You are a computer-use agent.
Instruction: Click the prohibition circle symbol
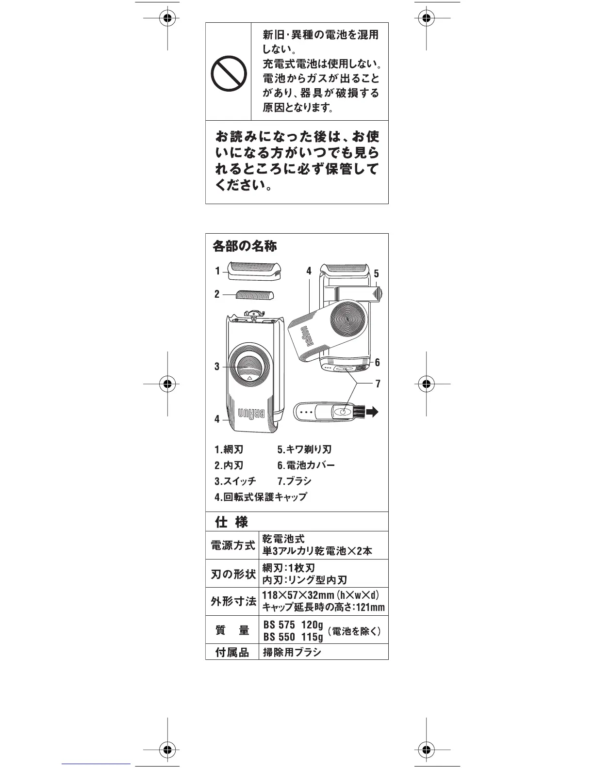pyautogui.click(x=228, y=73)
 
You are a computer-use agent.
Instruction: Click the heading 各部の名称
pyautogui.click(x=245, y=246)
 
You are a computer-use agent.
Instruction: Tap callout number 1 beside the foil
pyautogui.click(x=218, y=271)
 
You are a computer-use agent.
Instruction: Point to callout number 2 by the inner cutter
pyautogui.click(x=217, y=294)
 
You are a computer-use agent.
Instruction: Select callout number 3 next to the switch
pyautogui.click(x=217, y=367)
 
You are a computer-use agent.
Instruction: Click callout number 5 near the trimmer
pyautogui.click(x=376, y=274)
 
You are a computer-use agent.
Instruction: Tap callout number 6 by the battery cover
pyautogui.click(x=377, y=363)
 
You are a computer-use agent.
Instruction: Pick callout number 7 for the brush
pyautogui.click(x=378, y=384)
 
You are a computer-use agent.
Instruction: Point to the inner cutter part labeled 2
pyautogui.click(x=254, y=294)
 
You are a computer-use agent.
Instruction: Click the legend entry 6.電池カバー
pyautogui.click(x=306, y=465)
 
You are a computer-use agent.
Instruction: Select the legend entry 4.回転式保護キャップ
pyautogui.click(x=261, y=497)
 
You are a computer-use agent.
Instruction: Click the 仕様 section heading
pyautogui.click(x=231, y=522)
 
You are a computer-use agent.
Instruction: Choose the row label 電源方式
pyautogui.click(x=232, y=545)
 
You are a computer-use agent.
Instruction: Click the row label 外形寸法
pyautogui.click(x=233, y=602)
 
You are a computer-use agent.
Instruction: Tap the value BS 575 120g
pyautogui.click(x=293, y=624)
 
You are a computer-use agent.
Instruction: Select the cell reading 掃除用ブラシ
pyautogui.click(x=292, y=652)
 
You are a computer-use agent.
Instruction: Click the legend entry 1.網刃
pyautogui.click(x=229, y=449)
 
